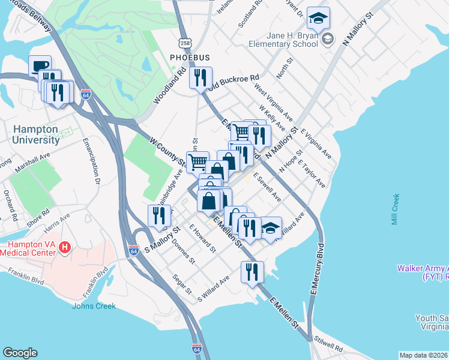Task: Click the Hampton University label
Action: [36, 134]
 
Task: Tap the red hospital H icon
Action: [66, 247]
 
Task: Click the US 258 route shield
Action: [185, 43]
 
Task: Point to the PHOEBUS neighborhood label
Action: [190, 58]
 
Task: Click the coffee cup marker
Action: [40, 67]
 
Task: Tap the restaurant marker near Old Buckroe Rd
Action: [200, 77]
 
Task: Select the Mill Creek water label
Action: [395, 209]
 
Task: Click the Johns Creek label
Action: [94, 306]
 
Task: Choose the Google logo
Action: [20, 353]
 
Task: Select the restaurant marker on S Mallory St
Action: [158, 216]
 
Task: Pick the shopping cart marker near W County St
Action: [197, 161]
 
